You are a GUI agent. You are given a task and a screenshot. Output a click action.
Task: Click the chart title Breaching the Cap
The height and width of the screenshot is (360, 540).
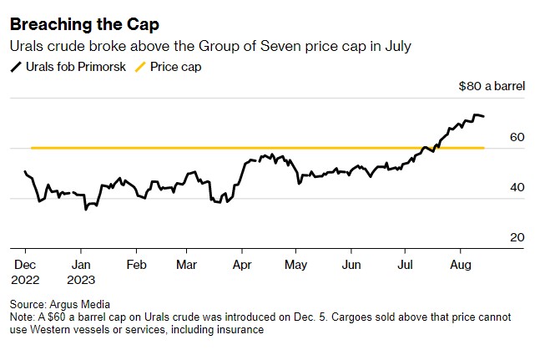tap(73, 23)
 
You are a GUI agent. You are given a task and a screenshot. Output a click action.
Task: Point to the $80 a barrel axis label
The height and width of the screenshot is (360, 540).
tap(492, 85)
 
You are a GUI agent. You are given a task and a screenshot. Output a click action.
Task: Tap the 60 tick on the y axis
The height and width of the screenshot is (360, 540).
tap(517, 137)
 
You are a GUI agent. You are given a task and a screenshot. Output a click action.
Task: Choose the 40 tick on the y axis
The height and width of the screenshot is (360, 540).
tap(517, 188)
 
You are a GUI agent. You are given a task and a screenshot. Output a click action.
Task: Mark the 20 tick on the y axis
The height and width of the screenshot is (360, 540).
tap(517, 238)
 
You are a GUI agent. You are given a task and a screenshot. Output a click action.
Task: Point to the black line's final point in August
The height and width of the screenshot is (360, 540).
tap(484, 117)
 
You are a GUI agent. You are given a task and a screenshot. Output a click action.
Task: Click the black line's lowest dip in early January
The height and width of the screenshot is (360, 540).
tap(85, 209)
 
